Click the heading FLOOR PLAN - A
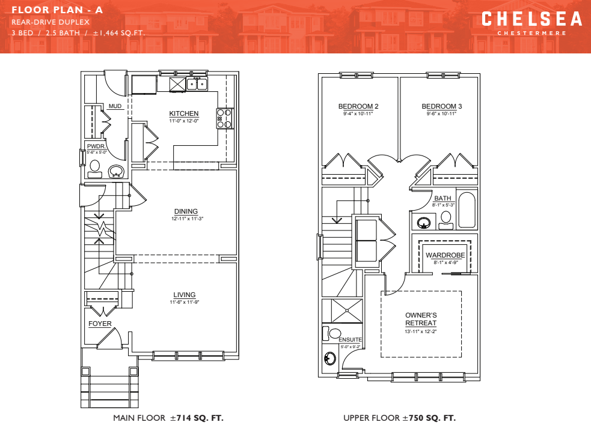pyautogui.click(x=57, y=10)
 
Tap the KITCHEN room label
pyautogui.click(x=183, y=113)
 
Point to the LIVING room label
pyautogui.click(x=185, y=295)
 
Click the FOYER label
pyautogui.click(x=100, y=324)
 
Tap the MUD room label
pyautogui.click(x=115, y=106)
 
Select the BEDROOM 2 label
pyautogui.click(x=358, y=106)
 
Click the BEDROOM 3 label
pyautogui.click(x=441, y=106)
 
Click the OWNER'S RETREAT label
pyautogui.click(x=421, y=319)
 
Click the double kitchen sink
pyautogui.click(x=197, y=83)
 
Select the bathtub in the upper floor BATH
pyautogui.click(x=467, y=210)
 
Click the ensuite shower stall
pyautogui.click(x=346, y=310)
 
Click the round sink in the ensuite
pyautogui.click(x=329, y=359)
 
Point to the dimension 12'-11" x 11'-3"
pyautogui.click(x=186, y=219)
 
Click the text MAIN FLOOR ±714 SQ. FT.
pyautogui.click(x=168, y=418)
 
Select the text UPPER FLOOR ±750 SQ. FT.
pyautogui.click(x=399, y=418)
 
